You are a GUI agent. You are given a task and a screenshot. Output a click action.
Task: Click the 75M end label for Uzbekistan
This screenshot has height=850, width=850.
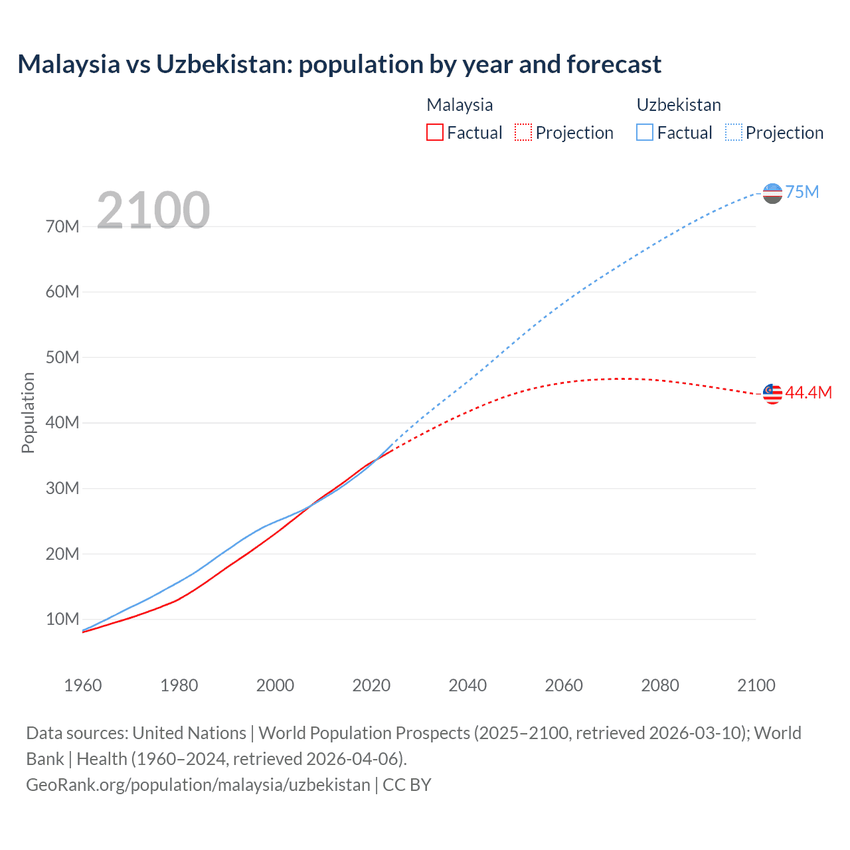(802, 193)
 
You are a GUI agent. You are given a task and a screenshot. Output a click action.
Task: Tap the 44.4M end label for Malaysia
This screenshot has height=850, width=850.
(808, 393)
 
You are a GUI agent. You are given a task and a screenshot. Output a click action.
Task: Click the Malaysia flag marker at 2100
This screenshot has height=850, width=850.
(772, 394)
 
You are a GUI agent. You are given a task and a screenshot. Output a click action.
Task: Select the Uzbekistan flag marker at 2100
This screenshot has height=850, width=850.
(772, 193)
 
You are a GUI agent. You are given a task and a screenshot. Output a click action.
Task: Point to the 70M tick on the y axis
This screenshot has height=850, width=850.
(62, 227)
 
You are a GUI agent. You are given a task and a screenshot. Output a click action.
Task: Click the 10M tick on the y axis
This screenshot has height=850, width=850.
(62, 620)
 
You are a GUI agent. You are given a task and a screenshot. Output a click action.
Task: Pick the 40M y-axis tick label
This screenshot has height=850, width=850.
(62, 423)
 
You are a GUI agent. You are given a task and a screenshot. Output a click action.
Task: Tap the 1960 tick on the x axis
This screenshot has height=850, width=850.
(83, 685)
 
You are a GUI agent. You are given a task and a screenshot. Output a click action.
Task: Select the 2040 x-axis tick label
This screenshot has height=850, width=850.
(467, 685)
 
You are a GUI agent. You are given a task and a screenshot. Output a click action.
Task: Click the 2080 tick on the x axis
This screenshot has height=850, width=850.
(660, 685)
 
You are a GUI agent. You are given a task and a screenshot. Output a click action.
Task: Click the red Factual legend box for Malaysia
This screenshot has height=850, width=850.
(435, 132)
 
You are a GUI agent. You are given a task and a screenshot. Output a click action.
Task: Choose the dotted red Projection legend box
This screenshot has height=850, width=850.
(523, 132)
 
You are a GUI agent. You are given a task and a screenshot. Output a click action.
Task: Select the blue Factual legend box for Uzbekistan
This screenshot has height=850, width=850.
(645, 132)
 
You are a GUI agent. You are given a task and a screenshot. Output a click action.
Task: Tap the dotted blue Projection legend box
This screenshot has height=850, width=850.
(734, 132)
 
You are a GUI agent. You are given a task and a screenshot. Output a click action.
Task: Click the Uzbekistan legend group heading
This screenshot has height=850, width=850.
(679, 105)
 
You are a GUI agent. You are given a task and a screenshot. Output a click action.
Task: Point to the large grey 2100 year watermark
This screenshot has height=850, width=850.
(153, 211)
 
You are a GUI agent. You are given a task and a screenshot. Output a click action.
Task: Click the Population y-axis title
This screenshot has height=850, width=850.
(28, 412)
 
